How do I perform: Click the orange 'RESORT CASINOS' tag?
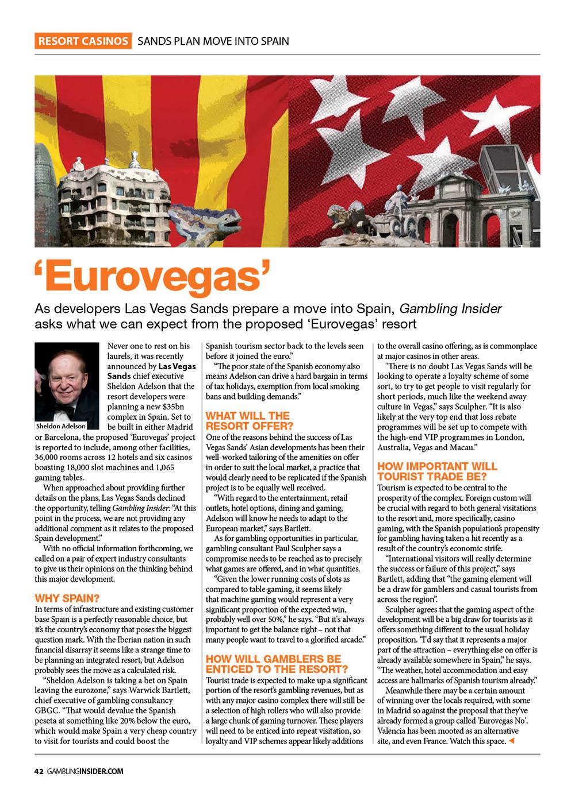pos(83,41)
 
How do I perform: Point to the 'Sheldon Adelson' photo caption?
pos(61,427)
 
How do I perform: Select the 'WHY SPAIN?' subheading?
pos(67,597)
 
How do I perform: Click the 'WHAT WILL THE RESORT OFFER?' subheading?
pos(248,420)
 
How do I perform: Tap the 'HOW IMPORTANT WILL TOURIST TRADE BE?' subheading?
pos(437,470)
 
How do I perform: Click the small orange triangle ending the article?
pos(511,742)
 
